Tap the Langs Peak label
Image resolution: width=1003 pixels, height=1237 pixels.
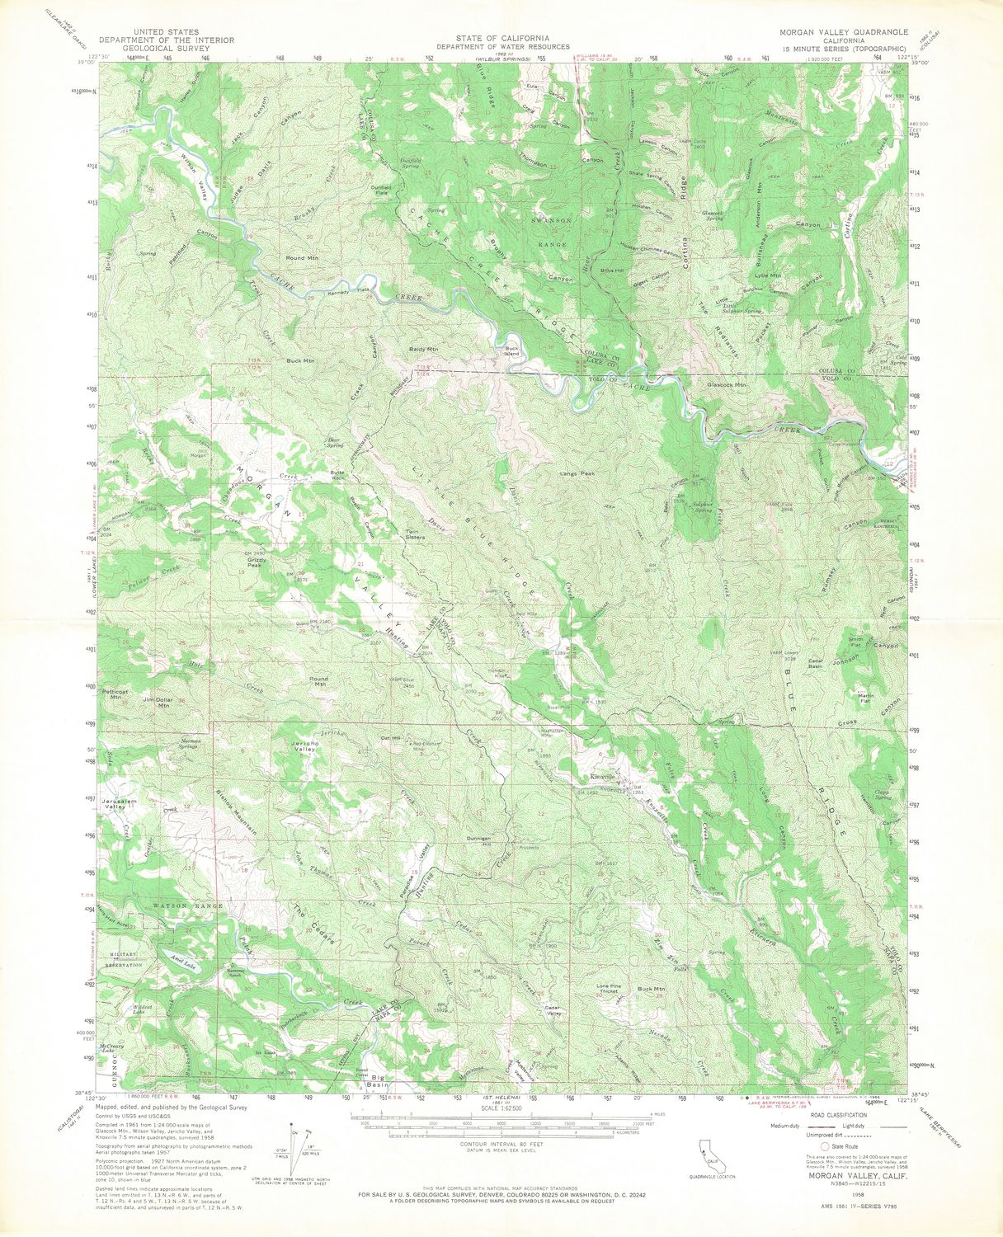pyautogui.click(x=577, y=473)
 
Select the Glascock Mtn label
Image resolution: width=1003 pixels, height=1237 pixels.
pyautogui.click(x=727, y=384)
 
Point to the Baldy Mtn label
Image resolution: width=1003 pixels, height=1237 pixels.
pyautogui.click(x=423, y=350)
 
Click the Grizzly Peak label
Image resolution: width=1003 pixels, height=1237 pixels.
pyautogui.click(x=256, y=563)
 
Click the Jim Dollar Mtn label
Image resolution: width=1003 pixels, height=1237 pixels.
pyautogui.click(x=157, y=703)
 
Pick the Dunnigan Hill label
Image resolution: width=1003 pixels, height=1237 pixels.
pyautogui.click(x=480, y=840)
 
